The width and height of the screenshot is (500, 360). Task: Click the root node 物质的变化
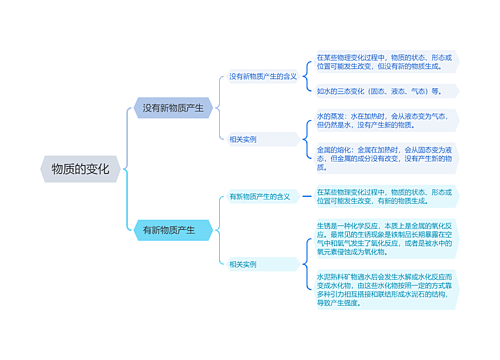(84, 168)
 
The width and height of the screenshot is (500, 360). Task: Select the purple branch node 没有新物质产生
(172, 107)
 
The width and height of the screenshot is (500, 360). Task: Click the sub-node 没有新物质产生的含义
(262, 76)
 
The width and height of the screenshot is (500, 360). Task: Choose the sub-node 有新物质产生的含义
(259, 196)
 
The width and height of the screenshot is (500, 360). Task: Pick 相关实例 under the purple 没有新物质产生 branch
(243, 139)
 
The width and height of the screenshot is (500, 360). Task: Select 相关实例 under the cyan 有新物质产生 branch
(243, 264)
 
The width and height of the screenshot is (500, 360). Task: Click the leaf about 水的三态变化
(385, 90)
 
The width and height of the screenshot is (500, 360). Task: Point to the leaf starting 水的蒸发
(385, 121)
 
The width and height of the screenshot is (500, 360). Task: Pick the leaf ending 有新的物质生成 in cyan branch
(386, 195)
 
